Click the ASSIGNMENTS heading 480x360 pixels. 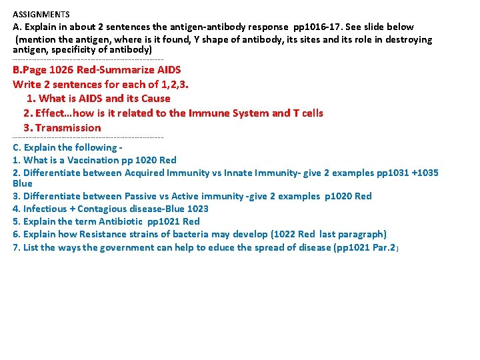coord(41,14)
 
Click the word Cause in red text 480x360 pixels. coord(155,99)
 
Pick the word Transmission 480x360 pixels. coord(68,127)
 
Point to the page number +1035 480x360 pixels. coord(425,173)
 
